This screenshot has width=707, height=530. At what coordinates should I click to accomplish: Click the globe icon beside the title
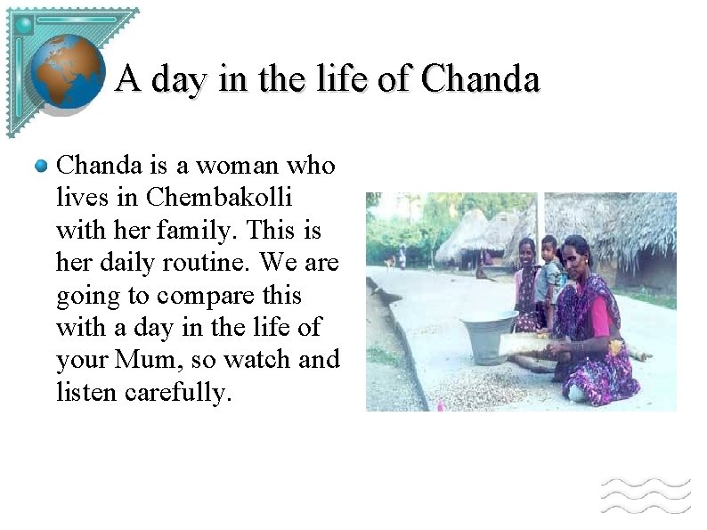click(x=68, y=72)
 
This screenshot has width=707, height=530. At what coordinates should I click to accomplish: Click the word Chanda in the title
click(x=481, y=80)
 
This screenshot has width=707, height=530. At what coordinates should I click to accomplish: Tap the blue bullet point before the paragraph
click(x=41, y=166)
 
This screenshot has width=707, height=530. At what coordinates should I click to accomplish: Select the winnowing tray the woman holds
click(x=534, y=343)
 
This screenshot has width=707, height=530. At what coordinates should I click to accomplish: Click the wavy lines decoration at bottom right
click(x=645, y=494)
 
